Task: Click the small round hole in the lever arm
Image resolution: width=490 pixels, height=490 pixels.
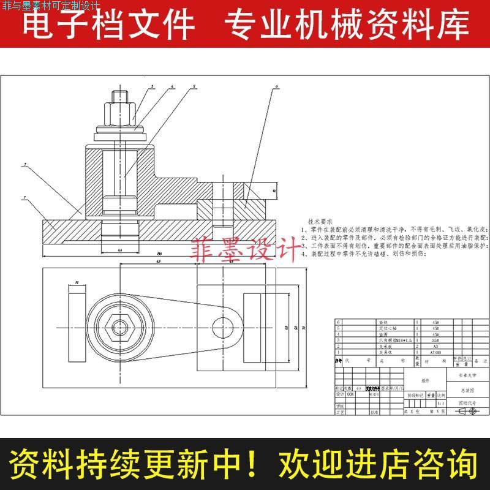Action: (x=217, y=324)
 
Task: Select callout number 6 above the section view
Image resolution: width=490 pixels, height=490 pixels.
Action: (x=276, y=88)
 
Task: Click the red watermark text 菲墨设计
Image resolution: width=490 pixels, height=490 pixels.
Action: (x=243, y=251)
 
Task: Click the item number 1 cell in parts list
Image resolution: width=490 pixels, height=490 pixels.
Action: (x=336, y=353)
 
